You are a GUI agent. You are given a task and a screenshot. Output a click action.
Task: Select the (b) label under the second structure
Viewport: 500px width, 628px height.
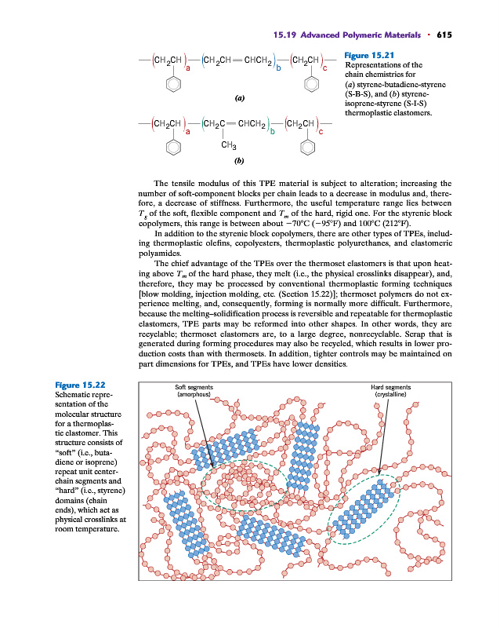(238, 162)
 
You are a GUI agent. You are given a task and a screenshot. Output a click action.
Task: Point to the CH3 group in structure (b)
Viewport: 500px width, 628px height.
(230, 144)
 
